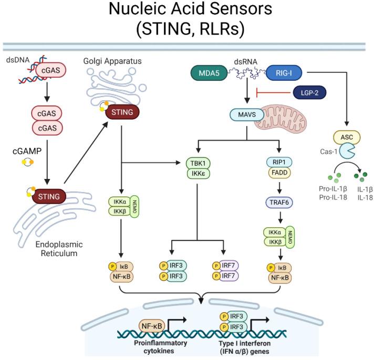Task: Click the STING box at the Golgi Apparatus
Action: (122, 112)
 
